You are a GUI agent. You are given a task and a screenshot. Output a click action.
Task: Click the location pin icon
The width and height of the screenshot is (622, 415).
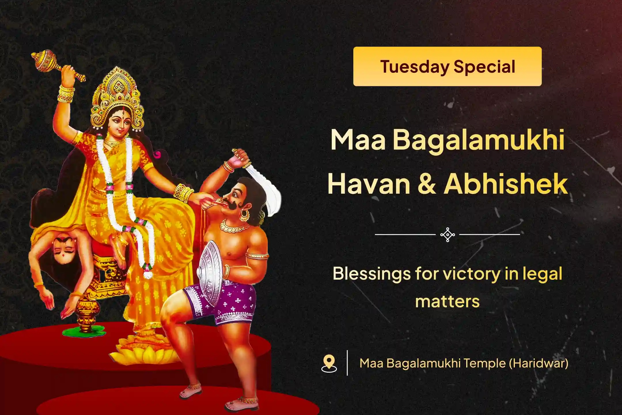[x=329, y=363]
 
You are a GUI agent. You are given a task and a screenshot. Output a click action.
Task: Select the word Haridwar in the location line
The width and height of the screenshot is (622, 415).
[x=539, y=363]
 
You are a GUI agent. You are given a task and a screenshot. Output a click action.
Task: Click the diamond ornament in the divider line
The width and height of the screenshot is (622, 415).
[x=447, y=235]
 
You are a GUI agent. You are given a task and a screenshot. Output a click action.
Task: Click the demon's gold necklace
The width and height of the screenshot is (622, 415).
[x=234, y=227]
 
